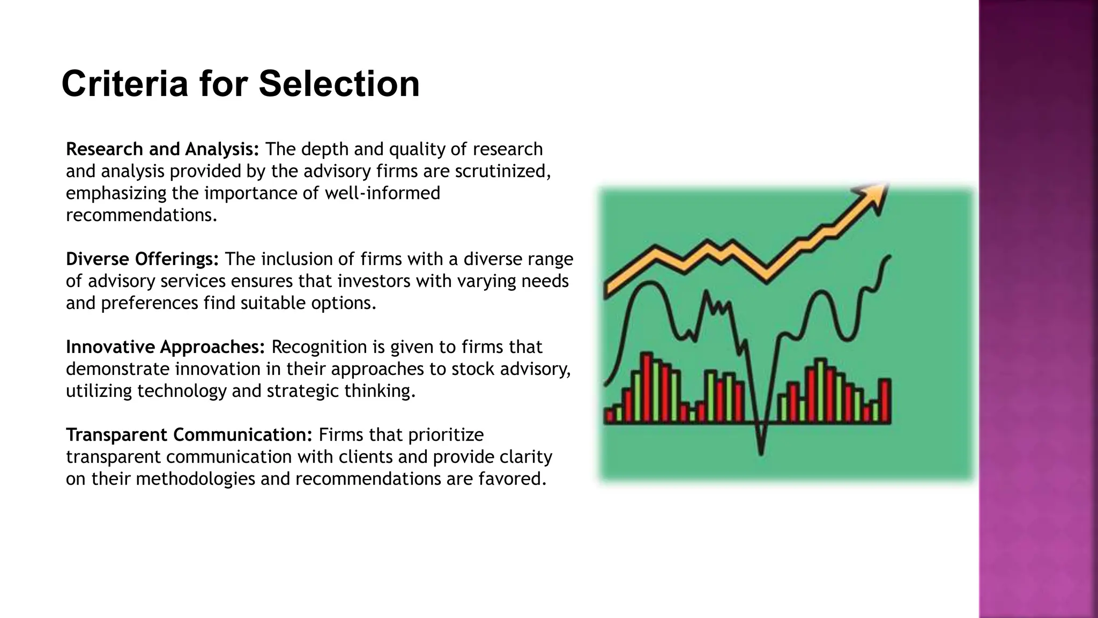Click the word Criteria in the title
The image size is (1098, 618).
(x=124, y=84)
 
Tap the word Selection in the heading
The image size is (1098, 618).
(x=339, y=84)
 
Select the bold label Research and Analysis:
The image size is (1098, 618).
(x=162, y=149)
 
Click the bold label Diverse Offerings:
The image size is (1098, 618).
(x=142, y=259)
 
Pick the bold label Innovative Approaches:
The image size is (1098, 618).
(x=165, y=347)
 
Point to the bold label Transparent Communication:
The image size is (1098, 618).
(x=189, y=435)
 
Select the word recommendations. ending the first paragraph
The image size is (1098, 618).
(x=142, y=215)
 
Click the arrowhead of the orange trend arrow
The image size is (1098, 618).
(x=874, y=196)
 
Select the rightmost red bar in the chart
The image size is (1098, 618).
(x=885, y=401)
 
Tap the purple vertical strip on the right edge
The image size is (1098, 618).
(x=1038, y=309)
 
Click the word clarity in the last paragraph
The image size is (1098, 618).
(x=525, y=457)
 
